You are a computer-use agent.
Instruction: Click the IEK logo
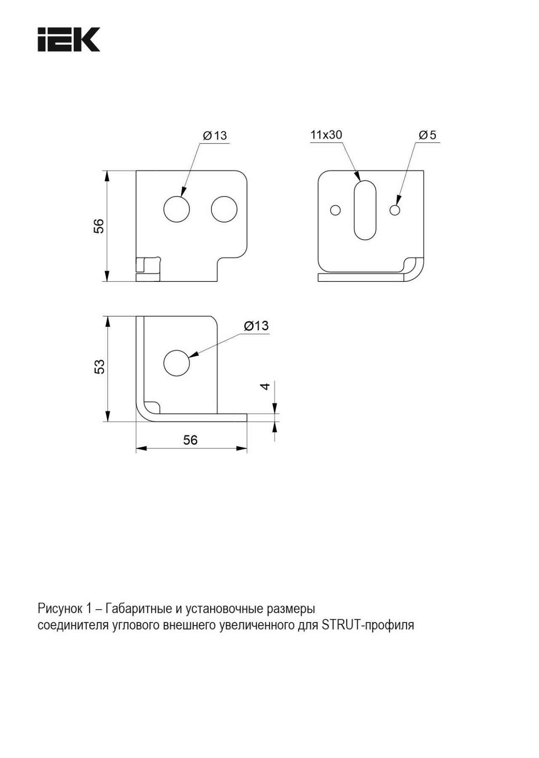(69, 40)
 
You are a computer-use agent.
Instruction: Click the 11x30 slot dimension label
(326, 135)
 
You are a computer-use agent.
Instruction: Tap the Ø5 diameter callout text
(427, 135)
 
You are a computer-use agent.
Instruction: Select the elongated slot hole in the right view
(365, 210)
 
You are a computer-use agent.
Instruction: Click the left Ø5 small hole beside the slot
(336, 209)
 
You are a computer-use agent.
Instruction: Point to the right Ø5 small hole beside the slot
(395, 209)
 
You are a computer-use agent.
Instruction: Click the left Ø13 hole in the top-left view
(177, 209)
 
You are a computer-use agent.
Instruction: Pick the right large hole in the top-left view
(224, 209)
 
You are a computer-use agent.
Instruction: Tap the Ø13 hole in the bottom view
(177, 363)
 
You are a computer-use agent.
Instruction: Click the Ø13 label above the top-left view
(215, 135)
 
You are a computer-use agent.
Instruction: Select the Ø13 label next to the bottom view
(256, 326)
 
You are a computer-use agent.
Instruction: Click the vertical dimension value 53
(99, 367)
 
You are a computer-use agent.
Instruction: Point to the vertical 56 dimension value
(99, 226)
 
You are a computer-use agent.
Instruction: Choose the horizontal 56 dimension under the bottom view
(190, 440)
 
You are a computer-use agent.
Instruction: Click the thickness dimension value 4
(264, 386)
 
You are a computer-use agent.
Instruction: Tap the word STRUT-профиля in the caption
(368, 625)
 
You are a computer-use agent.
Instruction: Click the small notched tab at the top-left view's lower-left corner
(149, 269)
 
